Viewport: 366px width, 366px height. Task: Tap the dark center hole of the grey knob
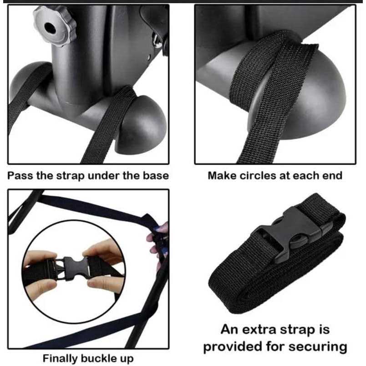tap(50, 28)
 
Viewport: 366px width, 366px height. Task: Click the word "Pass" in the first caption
tap(20, 176)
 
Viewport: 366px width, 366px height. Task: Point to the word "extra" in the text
tap(259, 330)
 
